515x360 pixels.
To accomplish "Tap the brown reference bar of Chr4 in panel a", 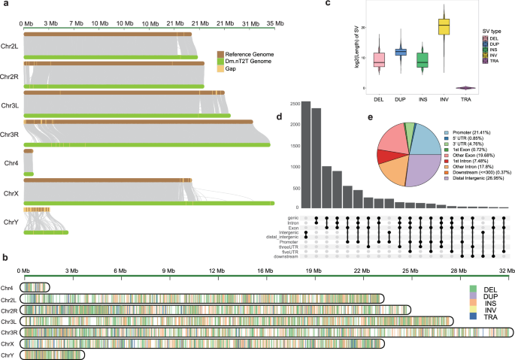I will (x=29, y=151).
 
